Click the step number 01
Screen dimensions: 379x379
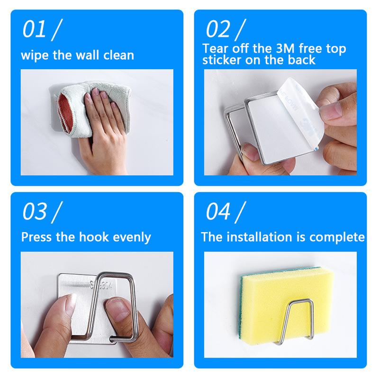point(34,29)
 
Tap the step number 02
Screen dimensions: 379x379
point(218,29)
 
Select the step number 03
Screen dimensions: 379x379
point(34,211)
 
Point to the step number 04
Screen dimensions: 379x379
point(218,211)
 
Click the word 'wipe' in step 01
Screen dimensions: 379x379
point(34,55)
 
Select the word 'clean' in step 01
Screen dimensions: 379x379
point(118,55)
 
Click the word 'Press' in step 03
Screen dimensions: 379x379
point(36,237)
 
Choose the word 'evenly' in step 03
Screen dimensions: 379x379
point(132,238)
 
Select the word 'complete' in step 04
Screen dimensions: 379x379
point(337,238)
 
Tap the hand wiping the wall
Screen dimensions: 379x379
point(104,128)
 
